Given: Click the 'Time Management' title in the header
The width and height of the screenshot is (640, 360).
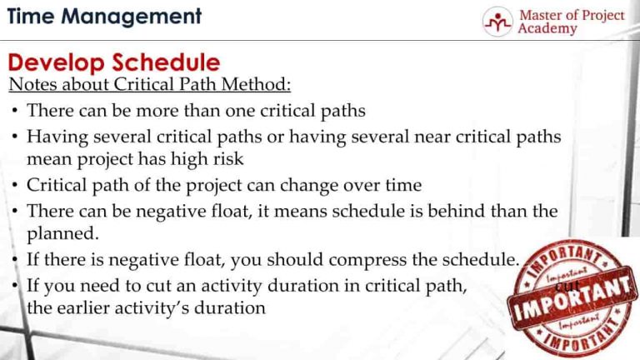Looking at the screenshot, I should click(x=104, y=17).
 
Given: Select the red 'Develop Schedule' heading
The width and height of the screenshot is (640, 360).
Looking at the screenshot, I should click(x=114, y=62).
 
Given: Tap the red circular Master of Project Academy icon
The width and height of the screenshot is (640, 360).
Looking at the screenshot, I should click(x=497, y=22).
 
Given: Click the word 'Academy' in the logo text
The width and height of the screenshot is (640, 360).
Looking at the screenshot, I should click(x=547, y=29).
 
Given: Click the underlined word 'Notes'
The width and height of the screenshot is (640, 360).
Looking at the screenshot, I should click(x=29, y=85).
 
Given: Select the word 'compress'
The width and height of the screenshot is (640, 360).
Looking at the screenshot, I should click(x=345, y=260).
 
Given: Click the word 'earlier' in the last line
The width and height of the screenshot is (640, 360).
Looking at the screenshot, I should click(x=85, y=307).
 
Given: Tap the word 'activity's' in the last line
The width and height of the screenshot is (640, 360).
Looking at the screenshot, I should click(x=159, y=307).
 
